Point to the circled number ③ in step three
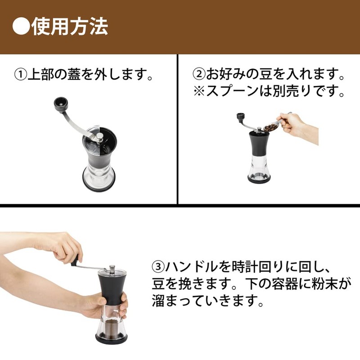(x=158, y=266)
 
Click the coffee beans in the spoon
(x=270, y=127)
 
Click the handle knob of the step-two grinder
(x=240, y=117)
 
